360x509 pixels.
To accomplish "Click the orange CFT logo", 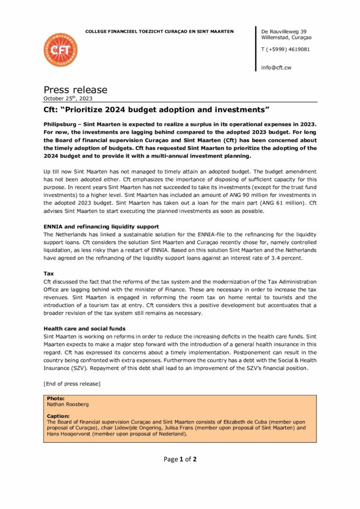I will click(x=61, y=50).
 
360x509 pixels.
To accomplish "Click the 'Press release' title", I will click(x=75, y=90).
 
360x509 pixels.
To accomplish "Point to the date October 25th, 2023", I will click(x=68, y=98).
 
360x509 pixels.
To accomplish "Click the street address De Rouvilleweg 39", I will click(x=283, y=31).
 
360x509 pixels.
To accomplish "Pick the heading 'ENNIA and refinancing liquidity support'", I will click(x=101, y=227).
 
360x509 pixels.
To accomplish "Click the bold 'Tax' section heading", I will click(x=49, y=274).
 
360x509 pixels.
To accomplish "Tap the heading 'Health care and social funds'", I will click(x=84, y=329).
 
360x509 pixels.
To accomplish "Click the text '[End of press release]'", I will click(x=72, y=383).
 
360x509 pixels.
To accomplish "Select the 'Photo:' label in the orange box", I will click(x=56, y=399).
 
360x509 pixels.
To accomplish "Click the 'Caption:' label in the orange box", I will click(x=58, y=416).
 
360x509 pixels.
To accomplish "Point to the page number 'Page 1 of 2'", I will click(x=180, y=459).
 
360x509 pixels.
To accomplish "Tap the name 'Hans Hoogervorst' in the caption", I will click(x=67, y=434).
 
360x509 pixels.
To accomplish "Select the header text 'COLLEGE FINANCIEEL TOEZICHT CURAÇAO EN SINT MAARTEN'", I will click(x=160, y=31).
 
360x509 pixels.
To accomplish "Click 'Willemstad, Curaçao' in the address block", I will click(x=286, y=38).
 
